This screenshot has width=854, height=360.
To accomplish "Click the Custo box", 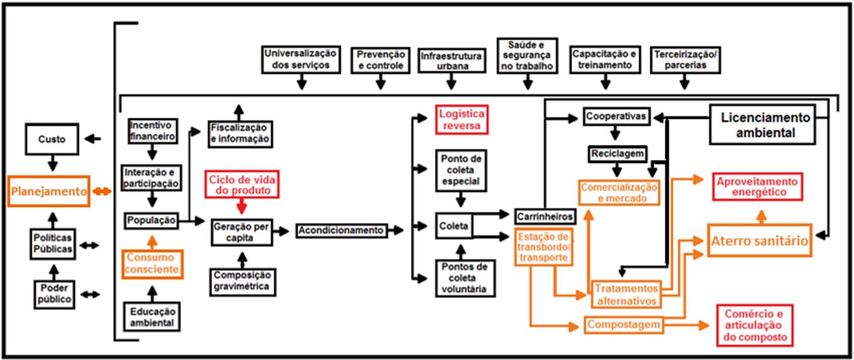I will pos(53,140).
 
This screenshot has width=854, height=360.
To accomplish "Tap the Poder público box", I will pos(53,294).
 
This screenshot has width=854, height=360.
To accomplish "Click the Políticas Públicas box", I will pos(53,244).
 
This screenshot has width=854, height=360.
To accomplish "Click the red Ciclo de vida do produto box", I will pos(242,185).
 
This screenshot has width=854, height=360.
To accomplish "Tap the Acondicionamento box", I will pos(340,230).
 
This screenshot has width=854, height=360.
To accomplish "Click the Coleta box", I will pos(453,226).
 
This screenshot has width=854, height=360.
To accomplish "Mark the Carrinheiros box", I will pos(545,217).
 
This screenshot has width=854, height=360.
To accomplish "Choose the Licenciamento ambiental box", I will pos(762,124).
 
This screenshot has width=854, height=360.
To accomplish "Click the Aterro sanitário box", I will pos(759,241).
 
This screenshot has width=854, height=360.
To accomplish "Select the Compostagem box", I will pos(623,324).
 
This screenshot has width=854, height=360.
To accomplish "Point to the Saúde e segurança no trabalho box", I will pos(527,56).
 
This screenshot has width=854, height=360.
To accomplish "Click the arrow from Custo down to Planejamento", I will pos(53,164).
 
